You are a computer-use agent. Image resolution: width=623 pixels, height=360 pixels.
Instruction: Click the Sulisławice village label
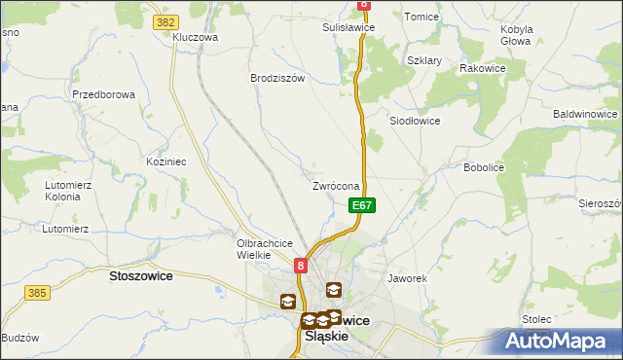point(348,28)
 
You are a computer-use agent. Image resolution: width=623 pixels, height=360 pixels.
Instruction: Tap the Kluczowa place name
point(195,38)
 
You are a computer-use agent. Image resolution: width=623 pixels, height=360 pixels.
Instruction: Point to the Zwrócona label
point(337,186)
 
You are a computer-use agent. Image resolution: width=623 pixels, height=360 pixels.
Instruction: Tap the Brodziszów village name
point(277,78)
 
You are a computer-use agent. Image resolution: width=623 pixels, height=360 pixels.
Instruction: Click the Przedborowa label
point(102,95)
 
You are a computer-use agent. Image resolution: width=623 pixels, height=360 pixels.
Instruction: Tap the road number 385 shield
point(38,292)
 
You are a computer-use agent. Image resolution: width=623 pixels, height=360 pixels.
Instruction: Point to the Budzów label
point(19,338)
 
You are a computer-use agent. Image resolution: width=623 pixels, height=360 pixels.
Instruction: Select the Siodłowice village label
point(415,121)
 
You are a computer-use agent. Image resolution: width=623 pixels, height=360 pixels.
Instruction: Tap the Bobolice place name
point(484,167)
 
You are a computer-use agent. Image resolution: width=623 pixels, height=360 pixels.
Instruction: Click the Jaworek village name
point(408,278)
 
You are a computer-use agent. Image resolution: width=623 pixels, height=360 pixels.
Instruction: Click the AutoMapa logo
point(558,341)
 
